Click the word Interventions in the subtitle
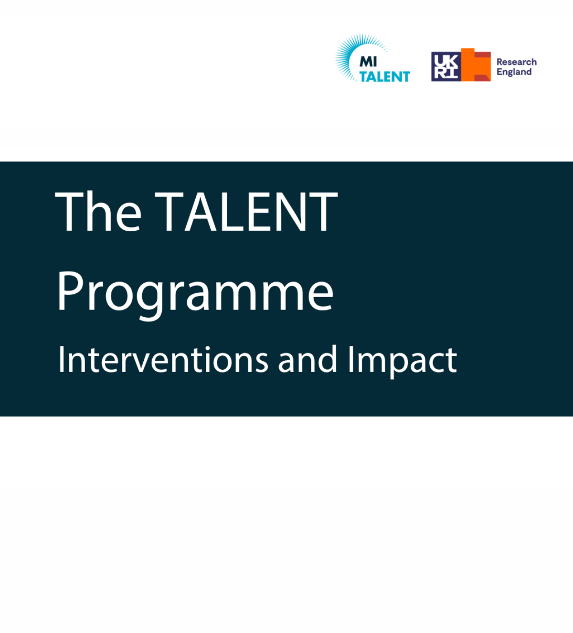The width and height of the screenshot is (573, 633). pyautogui.click(x=163, y=360)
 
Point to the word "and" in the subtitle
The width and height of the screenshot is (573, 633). pyautogui.click(x=308, y=360)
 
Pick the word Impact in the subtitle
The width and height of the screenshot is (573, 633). pyautogui.click(x=402, y=360)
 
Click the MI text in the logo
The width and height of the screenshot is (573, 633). pyautogui.click(x=368, y=62)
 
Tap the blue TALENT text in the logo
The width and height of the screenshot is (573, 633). pyautogui.click(x=384, y=76)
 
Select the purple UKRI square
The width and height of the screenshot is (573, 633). pyautogui.click(x=446, y=66)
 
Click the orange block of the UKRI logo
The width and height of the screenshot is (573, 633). pyautogui.click(x=476, y=65)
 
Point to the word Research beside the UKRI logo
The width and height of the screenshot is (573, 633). pyautogui.click(x=517, y=62)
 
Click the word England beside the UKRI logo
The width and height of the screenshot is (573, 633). pyautogui.click(x=514, y=72)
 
